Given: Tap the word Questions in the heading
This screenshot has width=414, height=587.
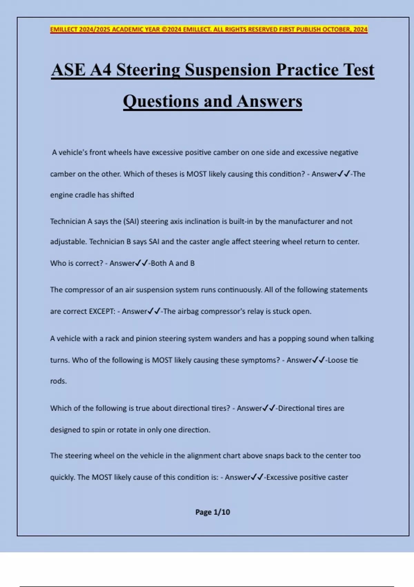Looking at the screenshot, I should click(x=160, y=102).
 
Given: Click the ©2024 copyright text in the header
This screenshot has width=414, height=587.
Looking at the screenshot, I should click(x=171, y=29).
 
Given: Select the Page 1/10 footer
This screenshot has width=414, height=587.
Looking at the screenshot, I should click(x=213, y=512).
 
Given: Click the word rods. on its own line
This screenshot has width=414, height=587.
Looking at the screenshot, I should click(x=58, y=381).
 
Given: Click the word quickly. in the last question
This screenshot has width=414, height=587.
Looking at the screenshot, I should click(x=62, y=478).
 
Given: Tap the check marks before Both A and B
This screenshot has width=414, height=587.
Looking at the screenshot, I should click(x=141, y=263).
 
